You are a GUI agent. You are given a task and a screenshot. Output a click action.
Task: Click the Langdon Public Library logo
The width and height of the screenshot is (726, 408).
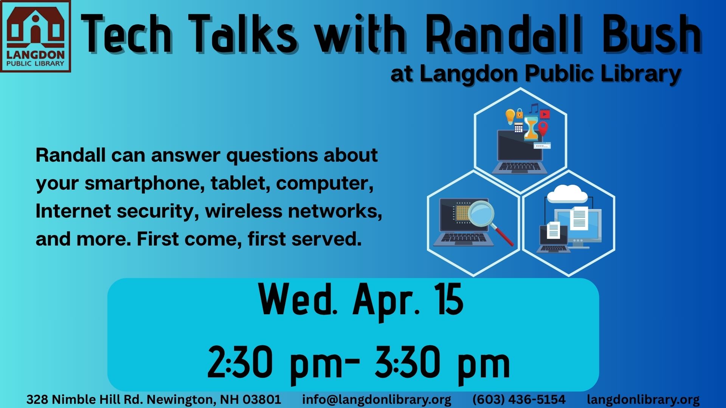point(36,36)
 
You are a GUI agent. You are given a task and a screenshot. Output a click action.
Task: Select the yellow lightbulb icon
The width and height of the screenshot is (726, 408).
point(510,116)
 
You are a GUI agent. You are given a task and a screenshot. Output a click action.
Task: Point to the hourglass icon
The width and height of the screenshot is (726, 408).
point(531,128)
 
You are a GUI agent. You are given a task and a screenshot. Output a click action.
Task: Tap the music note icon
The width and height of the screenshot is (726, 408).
point(534,108)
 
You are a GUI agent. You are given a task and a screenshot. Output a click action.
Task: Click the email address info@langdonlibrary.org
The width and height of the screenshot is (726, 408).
point(377,399)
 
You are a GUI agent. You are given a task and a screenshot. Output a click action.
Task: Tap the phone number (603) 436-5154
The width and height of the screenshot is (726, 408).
point(519,399)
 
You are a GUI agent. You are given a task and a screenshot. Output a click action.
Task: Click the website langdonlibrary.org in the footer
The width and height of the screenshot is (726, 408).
point(643,399)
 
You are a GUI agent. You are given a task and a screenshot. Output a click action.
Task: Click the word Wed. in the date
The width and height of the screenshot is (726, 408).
point(298,299)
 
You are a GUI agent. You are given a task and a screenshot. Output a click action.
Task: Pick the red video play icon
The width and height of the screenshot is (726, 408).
point(545,114)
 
